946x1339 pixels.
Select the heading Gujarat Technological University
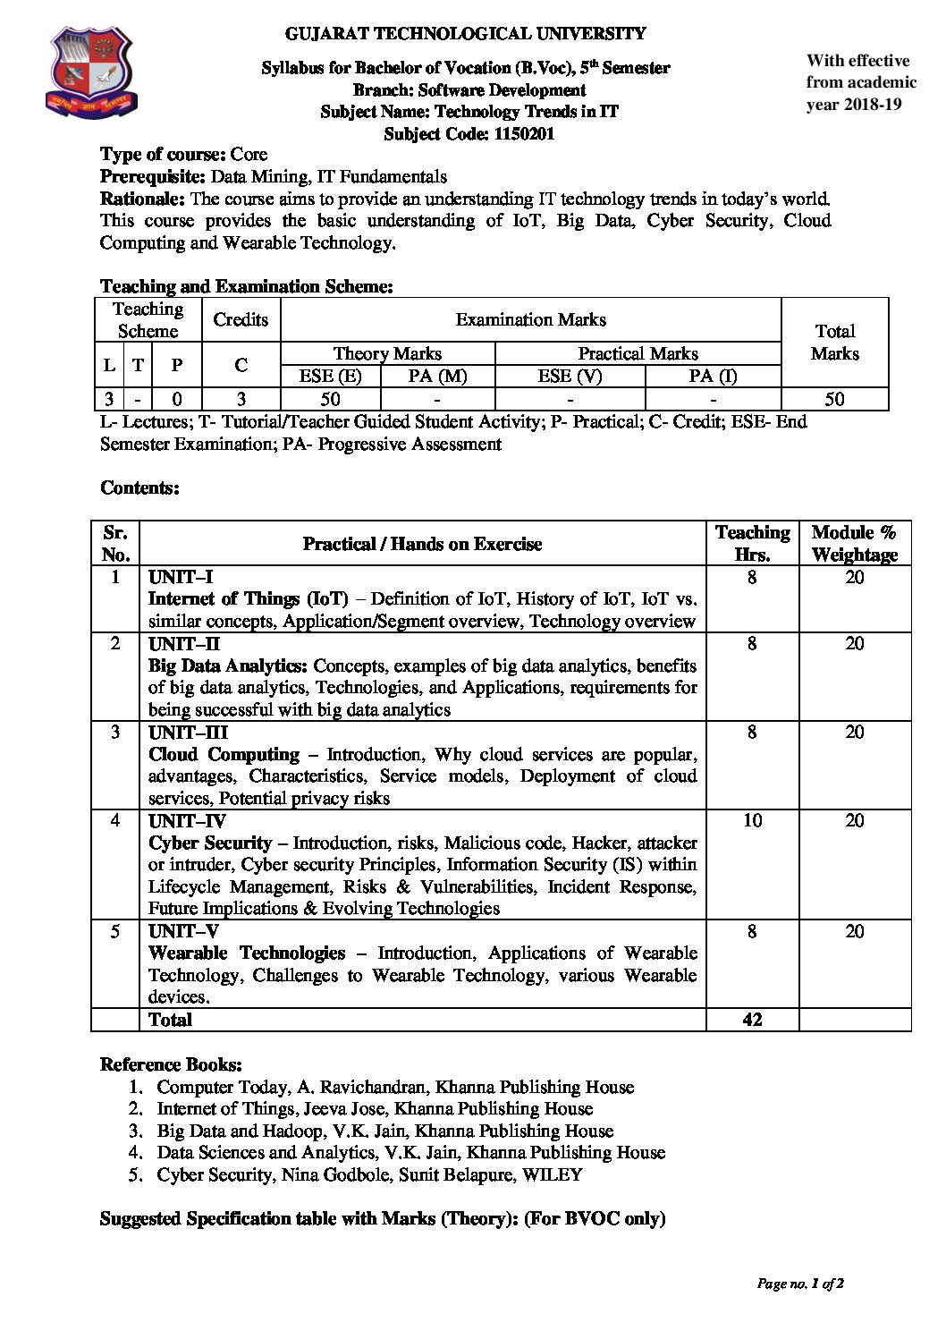465,34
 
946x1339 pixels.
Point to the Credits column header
241,319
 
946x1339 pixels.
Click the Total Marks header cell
834,342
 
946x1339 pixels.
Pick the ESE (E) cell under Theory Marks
330,377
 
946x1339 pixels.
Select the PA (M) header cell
437,377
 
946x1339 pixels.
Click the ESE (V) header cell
569,377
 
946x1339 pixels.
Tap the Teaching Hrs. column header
752,543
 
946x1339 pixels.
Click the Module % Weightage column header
854,543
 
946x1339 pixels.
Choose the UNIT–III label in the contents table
188,733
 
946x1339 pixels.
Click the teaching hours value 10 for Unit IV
752,820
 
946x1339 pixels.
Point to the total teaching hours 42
752,1019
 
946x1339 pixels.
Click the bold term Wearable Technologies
247,953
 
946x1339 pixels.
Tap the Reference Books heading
171,1064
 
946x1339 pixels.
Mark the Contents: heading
140,487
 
